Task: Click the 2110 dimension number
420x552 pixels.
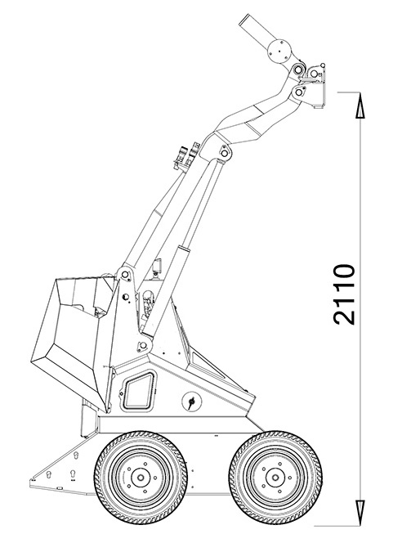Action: pyautogui.click(x=344, y=294)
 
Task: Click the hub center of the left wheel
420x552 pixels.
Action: pyautogui.click(x=141, y=478)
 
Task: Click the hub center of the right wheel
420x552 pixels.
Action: pyautogui.click(x=275, y=478)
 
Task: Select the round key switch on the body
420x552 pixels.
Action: pyautogui.click(x=192, y=402)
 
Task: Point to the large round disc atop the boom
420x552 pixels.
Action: pyautogui.click(x=279, y=52)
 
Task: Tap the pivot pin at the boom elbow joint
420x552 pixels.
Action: pyautogui.click(x=224, y=152)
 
